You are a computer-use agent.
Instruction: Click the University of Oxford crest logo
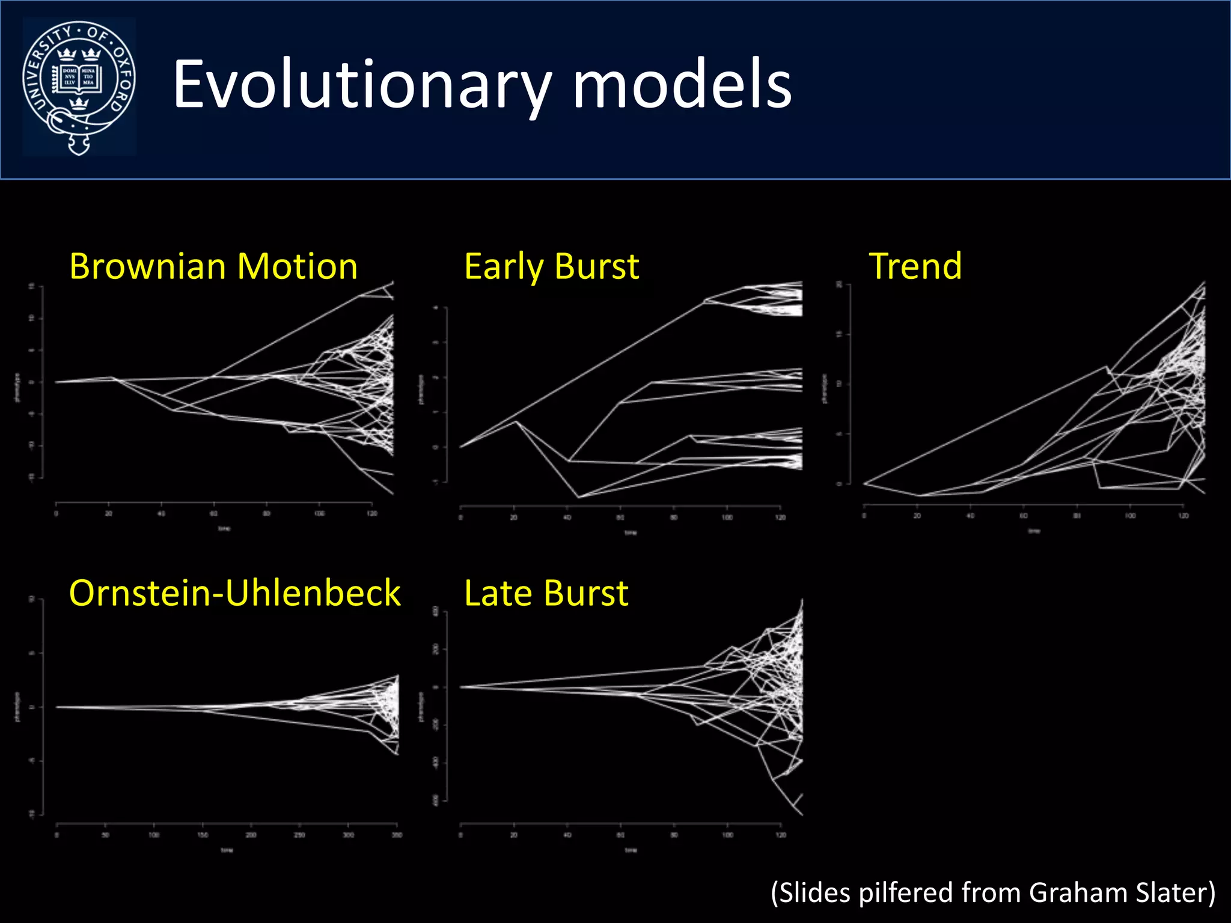[x=79, y=87]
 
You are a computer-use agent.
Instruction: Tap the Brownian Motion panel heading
[x=213, y=266]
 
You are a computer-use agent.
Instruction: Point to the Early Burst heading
[x=551, y=266]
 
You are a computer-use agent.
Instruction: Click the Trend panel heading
[x=915, y=266]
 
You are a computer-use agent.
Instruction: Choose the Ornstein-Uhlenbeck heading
[x=234, y=593]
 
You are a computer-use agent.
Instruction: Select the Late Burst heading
[x=546, y=593]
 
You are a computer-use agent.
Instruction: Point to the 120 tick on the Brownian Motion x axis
[x=372, y=514]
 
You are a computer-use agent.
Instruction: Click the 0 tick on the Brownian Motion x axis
[x=56, y=514]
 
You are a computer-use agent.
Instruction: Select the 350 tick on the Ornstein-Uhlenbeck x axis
[x=397, y=835]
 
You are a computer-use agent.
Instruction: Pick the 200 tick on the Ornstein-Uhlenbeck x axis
[x=251, y=835]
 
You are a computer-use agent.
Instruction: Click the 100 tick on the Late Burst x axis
[x=727, y=835]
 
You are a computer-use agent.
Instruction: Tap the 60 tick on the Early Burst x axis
[x=620, y=517]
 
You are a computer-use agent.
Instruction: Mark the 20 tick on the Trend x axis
[x=917, y=516]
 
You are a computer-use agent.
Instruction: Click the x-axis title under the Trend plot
[x=1034, y=531]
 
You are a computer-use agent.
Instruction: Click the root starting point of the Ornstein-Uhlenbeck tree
[x=57, y=707]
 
